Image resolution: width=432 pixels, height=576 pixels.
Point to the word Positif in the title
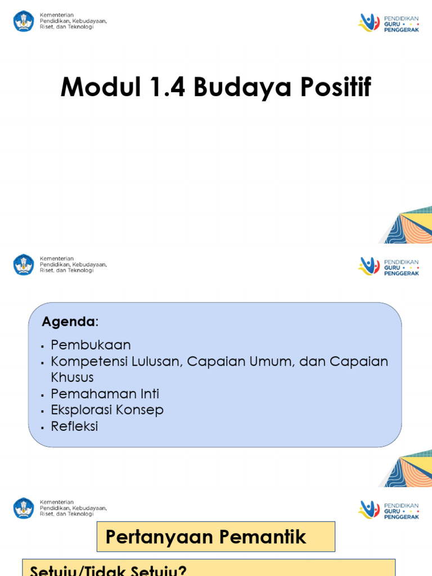point(337,88)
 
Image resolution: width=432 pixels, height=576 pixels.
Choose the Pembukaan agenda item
point(91,345)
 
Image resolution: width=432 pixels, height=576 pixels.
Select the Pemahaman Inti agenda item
point(105,394)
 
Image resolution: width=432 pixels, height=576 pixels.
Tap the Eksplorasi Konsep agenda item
point(107,410)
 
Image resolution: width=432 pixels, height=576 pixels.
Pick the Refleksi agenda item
point(74,426)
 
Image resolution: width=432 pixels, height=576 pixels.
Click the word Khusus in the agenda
point(72,377)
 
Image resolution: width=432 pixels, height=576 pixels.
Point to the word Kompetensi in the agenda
point(88,361)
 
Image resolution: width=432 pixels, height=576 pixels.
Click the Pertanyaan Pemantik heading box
point(216,537)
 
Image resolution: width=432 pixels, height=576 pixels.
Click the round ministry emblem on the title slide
point(24,21)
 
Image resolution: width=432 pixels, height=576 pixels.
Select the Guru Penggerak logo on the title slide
point(389,22)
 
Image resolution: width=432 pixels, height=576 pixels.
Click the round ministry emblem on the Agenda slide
point(24,264)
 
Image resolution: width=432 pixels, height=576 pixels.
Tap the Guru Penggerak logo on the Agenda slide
point(389,266)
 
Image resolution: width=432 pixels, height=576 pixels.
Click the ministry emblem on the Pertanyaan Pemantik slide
point(24,508)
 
